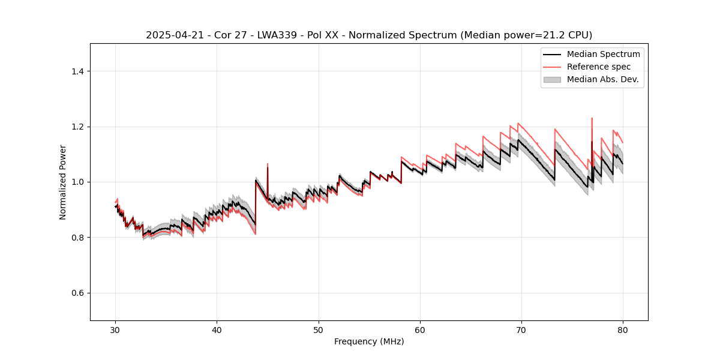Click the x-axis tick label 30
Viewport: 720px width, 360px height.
(116, 330)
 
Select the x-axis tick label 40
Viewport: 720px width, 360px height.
(217, 330)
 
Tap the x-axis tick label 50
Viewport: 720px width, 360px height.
(319, 330)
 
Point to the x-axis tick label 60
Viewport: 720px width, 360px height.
(420, 330)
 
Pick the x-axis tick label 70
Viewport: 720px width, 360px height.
(521, 330)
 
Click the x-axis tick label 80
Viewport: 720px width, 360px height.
(623, 330)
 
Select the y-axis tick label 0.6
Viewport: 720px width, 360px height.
(78, 293)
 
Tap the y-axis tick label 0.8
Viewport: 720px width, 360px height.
(78, 238)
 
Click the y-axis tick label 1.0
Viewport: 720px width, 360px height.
(78, 182)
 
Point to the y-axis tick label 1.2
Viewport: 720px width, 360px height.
(78, 127)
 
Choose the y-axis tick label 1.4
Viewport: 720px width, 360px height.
(78, 71)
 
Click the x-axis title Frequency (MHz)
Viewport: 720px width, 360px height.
(369, 341)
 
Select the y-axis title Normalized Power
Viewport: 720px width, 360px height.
(63, 182)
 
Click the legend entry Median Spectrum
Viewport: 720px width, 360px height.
(603, 54)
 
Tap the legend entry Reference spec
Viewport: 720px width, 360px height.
(599, 67)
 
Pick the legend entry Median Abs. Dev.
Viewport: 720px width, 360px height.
(602, 79)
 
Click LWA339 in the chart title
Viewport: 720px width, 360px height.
(263, 35)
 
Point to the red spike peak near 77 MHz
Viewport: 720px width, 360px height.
(592, 118)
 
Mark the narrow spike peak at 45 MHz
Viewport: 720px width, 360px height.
(268, 163)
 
